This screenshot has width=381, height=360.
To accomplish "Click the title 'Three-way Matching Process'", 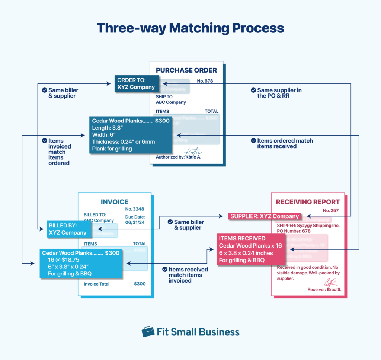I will pyautogui.click(x=190, y=28).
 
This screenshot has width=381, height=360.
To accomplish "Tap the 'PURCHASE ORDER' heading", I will pyautogui.click(x=186, y=70).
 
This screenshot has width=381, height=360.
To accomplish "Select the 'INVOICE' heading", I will pyautogui.click(x=115, y=202).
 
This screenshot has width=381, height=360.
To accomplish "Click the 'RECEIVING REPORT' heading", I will pyautogui.click(x=308, y=202).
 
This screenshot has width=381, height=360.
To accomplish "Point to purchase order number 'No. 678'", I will pyautogui.click(x=205, y=81).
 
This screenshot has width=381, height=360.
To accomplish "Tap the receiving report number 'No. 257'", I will pyautogui.click(x=331, y=210).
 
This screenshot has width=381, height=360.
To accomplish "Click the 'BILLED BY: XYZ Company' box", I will pyautogui.click(x=69, y=229).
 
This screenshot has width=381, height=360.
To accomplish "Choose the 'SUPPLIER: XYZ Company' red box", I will pyautogui.click(x=265, y=216).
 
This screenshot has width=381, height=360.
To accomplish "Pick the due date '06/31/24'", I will pyautogui.click(x=135, y=223).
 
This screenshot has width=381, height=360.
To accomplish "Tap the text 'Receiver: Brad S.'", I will pyautogui.click(x=324, y=289).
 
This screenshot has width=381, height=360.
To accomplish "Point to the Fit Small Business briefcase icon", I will pyautogui.click(x=148, y=332).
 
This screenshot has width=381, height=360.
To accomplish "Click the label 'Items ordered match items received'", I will pyautogui.click(x=285, y=143).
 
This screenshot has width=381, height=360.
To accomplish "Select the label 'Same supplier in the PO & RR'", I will pyautogui.click(x=279, y=93).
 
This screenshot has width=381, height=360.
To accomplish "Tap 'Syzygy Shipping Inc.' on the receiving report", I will pyautogui.click(x=318, y=226).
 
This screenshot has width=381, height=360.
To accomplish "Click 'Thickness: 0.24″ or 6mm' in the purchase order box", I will pyautogui.click(x=123, y=142).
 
